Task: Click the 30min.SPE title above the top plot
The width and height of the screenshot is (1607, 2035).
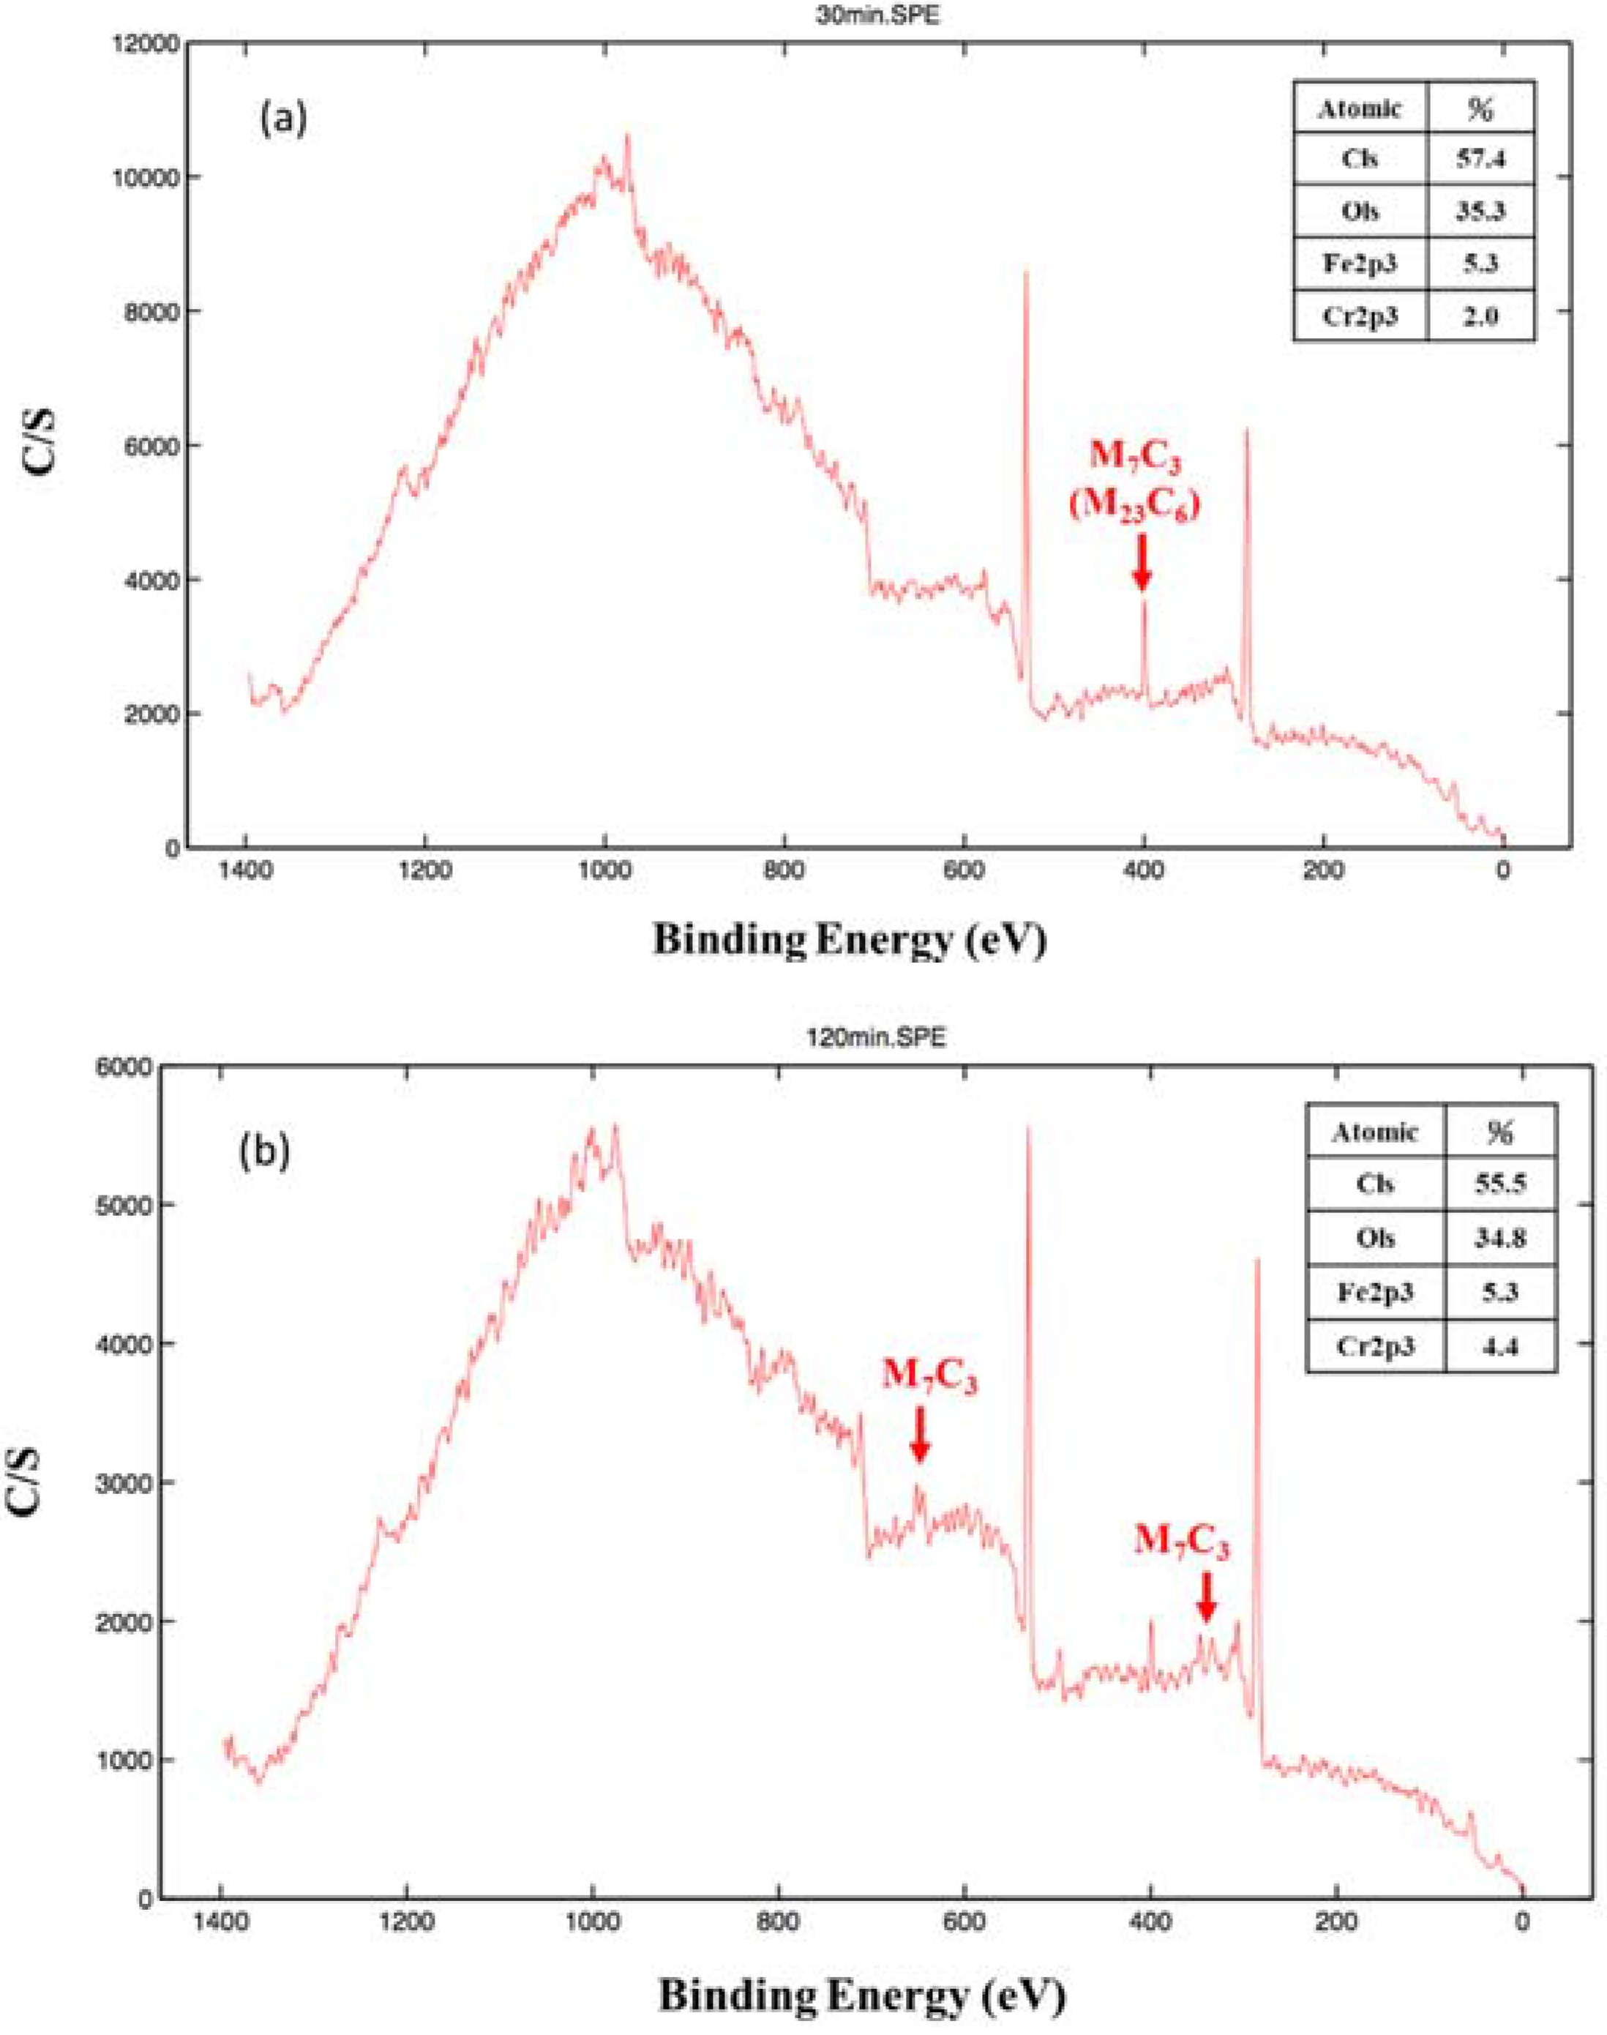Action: [879, 15]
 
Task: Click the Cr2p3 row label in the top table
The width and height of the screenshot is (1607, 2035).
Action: [1360, 316]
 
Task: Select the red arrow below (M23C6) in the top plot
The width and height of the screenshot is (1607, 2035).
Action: [1142, 563]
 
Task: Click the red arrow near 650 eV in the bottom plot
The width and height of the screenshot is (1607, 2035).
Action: [920, 1435]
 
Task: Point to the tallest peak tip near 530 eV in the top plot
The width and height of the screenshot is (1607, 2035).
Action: [1025, 273]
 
